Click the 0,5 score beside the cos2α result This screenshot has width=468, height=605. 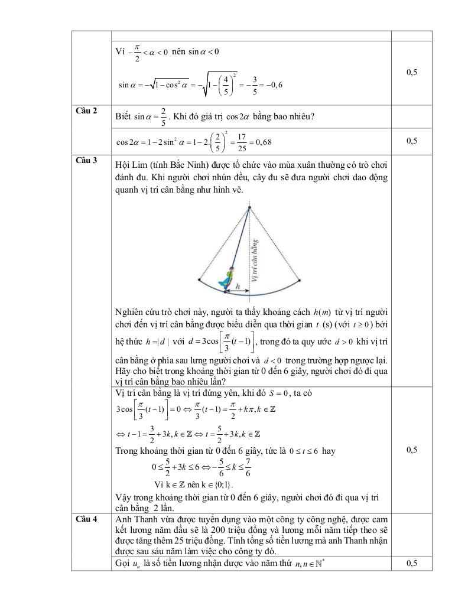[x=412, y=141]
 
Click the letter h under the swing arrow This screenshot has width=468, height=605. [x=238, y=287]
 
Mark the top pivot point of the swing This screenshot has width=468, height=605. [x=249, y=207]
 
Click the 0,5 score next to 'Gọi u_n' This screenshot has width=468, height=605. [x=412, y=564]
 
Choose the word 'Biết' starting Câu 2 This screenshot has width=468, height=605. [x=123, y=116]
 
